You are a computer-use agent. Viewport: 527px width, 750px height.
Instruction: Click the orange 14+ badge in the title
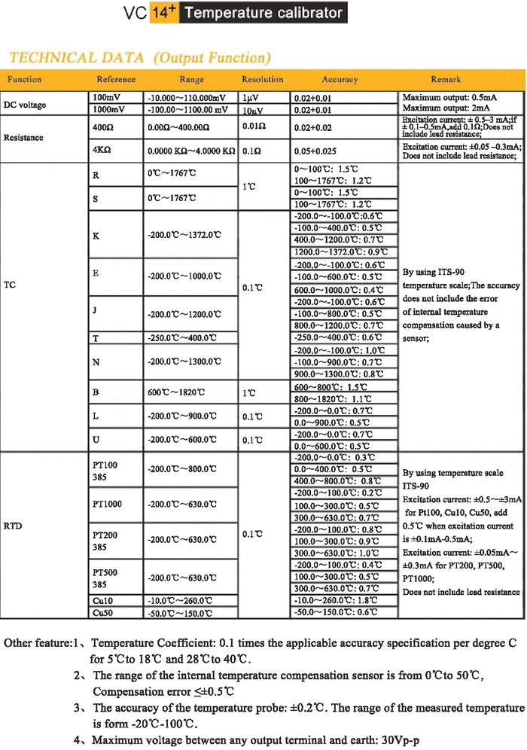(x=164, y=13)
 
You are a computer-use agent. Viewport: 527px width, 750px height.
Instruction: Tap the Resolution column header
(x=262, y=79)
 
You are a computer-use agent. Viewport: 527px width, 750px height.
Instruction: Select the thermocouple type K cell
(x=96, y=235)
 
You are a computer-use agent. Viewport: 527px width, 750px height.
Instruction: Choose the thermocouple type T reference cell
(x=96, y=339)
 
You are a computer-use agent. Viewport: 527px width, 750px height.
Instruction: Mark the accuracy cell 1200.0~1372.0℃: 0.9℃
(x=340, y=252)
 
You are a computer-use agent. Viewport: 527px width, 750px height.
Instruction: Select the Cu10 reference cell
(x=102, y=581)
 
